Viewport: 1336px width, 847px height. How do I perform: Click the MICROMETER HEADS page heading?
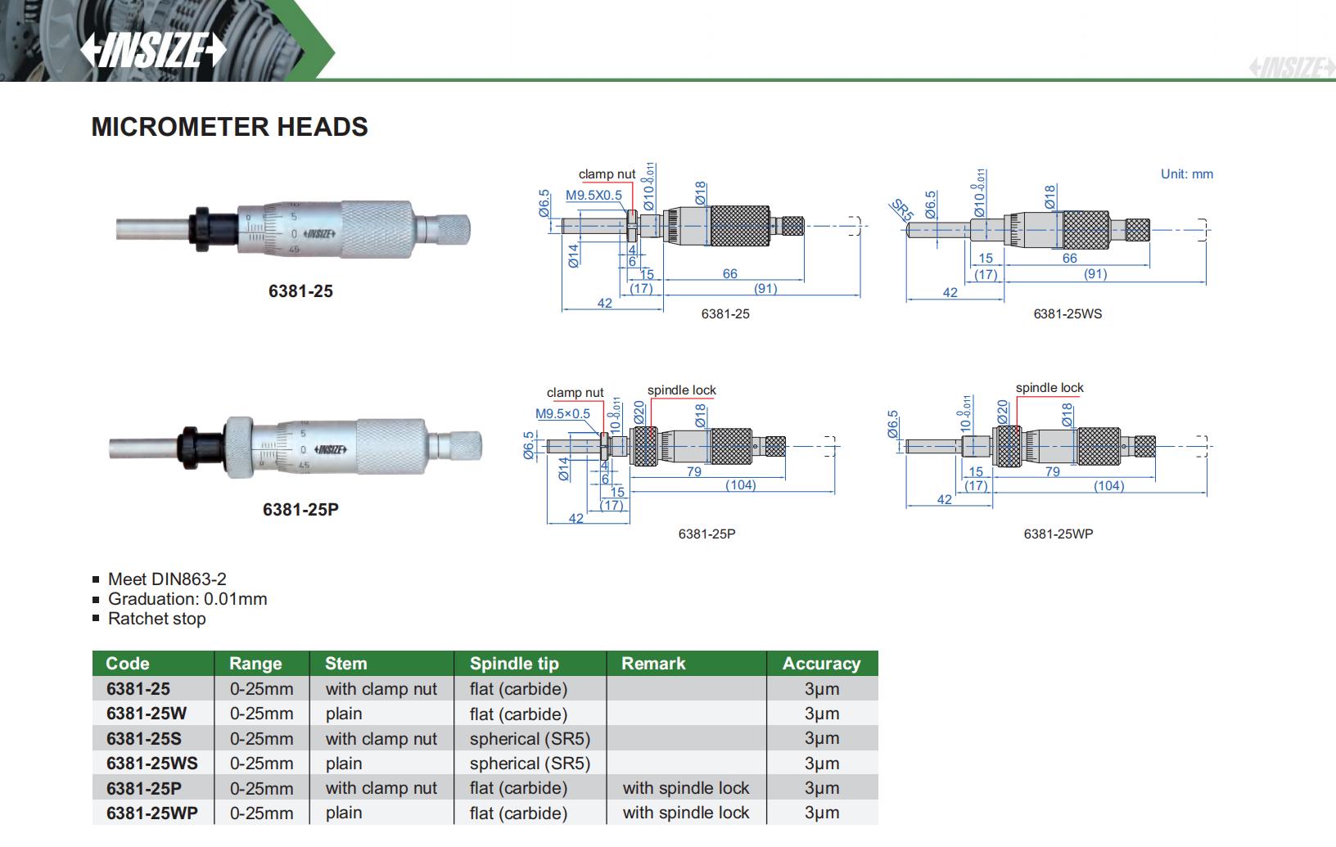pos(229,127)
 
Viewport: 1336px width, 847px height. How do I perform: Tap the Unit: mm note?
pos(1186,173)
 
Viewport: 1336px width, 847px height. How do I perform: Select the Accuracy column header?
pos(821,664)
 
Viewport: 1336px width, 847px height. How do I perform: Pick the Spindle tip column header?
pos(514,664)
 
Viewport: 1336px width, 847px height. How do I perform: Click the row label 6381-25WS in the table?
pos(152,764)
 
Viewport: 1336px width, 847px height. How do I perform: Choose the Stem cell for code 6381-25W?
pos(344,714)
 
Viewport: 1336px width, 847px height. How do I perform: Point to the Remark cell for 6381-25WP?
pos(685,813)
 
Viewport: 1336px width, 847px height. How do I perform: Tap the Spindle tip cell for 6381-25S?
pos(530,739)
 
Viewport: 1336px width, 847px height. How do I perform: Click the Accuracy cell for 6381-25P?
pos(822,788)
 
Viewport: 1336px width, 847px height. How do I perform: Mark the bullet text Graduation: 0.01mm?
pos(187,599)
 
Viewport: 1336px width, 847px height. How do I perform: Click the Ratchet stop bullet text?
pos(156,619)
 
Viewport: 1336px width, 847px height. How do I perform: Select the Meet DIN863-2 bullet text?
pos(167,579)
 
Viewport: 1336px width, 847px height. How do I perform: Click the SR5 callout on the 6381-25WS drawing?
pos(901,209)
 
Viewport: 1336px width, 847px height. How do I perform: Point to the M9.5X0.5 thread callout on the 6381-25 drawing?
pos(594,196)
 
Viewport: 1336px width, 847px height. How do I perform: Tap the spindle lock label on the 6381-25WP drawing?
pos(1049,388)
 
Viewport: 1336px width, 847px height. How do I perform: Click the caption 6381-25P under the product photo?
pos(300,509)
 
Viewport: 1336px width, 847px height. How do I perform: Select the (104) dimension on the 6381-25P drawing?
pos(740,485)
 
